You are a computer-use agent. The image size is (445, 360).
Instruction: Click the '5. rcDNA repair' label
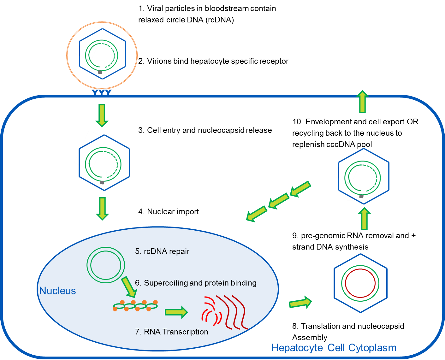point(162,251)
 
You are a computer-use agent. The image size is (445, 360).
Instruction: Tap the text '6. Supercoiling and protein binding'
point(196,283)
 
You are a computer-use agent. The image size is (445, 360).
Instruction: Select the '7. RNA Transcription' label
point(171,332)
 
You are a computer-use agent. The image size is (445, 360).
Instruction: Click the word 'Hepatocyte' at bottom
point(297,348)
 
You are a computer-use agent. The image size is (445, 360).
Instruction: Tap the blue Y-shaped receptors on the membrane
point(101,92)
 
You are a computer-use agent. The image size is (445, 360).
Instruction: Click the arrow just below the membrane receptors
point(102,115)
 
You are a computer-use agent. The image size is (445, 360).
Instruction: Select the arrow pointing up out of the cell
point(363,102)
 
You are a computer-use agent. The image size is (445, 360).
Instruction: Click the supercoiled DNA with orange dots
point(135,305)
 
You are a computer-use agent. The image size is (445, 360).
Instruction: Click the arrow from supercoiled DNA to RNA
point(176,312)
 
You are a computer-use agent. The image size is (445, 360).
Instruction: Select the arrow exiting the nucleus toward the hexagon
point(300,303)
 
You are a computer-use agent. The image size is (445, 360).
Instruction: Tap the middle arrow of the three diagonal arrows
point(279,201)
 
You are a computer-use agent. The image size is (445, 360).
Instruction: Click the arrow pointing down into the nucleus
point(102,208)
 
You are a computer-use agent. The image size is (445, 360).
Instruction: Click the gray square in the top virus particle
point(100,72)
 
